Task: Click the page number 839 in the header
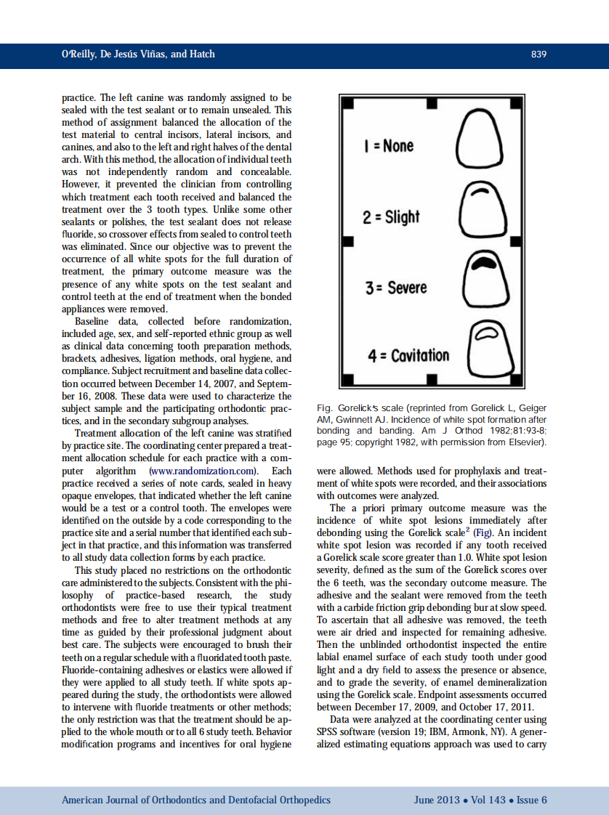[539, 54]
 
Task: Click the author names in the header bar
[138, 54]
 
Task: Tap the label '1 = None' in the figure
[388, 146]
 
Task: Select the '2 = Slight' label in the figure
[391, 216]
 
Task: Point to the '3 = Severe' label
[396, 287]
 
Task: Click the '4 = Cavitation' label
[408, 356]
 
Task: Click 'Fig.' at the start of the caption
[326, 409]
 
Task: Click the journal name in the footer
[196, 800]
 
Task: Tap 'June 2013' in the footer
[437, 800]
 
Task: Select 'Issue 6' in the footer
[532, 800]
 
